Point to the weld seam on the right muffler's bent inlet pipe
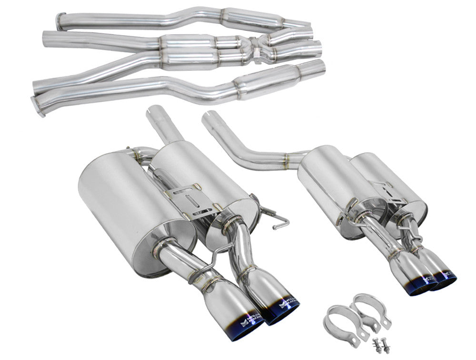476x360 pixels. click(287, 157)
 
